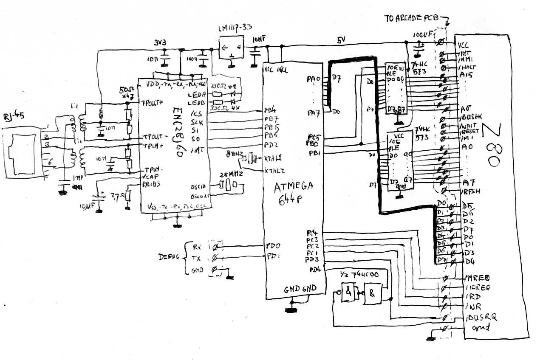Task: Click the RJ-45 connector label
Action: [x=13, y=115]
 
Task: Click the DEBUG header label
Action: [x=170, y=258]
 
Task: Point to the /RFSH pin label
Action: [x=471, y=191]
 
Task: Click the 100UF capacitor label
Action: [x=421, y=34]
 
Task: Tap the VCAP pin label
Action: [x=152, y=176]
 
